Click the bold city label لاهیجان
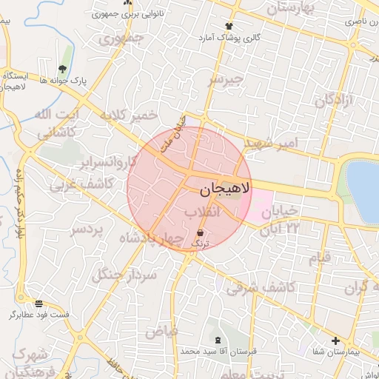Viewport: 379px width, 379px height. (x=225, y=189)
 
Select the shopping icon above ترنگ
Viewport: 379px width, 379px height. (x=201, y=233)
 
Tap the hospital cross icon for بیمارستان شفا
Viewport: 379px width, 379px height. (x=336, y=341)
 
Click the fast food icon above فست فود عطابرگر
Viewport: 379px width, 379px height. (x=38, y=303)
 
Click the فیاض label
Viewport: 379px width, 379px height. (x=161, y=331)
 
